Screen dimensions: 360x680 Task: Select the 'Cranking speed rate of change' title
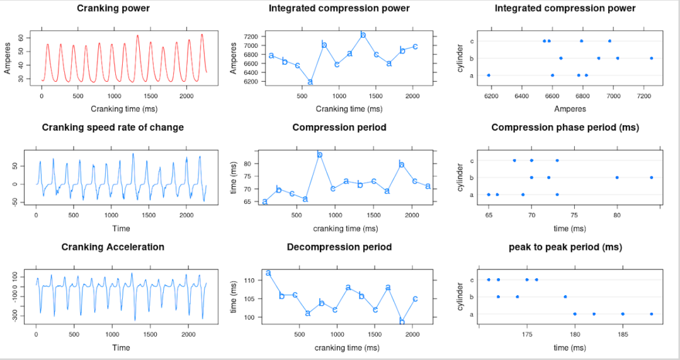coord(113,128)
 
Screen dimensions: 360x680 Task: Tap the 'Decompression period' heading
coord(339,247)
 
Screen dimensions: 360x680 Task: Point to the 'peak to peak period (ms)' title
coord(565,247)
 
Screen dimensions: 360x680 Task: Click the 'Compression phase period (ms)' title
coord(565,128)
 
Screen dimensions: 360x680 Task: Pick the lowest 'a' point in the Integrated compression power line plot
coord(310,82)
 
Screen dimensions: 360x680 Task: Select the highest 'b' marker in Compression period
coord(320,155)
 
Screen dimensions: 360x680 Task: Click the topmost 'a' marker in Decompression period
coord(268,273)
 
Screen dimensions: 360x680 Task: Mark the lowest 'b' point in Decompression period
coord(402,322)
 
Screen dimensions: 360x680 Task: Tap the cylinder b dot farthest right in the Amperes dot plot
coord(651,58)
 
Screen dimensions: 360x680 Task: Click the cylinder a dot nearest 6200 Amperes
coord(489,76)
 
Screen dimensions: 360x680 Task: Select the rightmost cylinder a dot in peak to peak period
coord(651,314)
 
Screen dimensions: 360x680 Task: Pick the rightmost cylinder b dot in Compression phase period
coord(651,177)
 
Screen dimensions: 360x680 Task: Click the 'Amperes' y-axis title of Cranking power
coord(7,60)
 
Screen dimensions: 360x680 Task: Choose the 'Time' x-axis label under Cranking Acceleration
coord(121,347)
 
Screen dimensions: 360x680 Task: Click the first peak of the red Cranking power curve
coord(48,44)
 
